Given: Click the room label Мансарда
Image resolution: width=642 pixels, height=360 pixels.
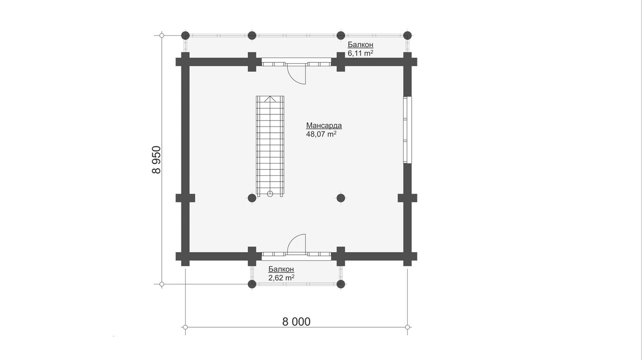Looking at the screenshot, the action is [x=324, y=126].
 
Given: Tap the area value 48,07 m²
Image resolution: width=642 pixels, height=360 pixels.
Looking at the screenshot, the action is [x=321, y=134].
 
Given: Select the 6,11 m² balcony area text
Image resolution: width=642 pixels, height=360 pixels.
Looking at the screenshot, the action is [x=360, y=53].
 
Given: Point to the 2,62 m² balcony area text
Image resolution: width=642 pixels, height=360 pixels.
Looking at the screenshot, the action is [x=282, y=277].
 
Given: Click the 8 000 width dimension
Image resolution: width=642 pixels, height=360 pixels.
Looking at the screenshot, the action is [x=296, y=322].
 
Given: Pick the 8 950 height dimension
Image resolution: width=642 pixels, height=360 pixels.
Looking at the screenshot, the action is [x=157, y=160].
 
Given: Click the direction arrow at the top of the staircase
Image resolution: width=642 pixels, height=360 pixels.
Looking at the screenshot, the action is [x=270, y=99].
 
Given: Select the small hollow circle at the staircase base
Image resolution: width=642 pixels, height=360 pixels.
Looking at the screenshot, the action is [x=270, y=194].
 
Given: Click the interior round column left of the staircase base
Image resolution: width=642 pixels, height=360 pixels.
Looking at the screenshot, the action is [x=252, y=198].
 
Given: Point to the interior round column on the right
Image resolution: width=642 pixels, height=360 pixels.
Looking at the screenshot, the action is [x=341, y=198].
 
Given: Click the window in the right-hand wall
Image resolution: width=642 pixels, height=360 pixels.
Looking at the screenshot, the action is [x=407, y=130].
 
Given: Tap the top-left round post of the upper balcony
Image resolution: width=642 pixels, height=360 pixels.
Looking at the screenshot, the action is [x=186, y=36].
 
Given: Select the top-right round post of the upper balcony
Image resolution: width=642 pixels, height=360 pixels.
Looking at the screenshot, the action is [x=407, y=36].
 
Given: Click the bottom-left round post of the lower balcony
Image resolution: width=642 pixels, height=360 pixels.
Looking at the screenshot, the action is [x=252, y=284].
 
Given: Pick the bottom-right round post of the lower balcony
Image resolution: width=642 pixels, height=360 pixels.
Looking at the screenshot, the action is [x=341, y=284].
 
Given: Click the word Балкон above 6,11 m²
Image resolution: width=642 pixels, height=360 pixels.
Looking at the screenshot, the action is [x=360, y=45].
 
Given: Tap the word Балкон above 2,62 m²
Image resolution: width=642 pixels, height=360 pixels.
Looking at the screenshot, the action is [x=281, y=269].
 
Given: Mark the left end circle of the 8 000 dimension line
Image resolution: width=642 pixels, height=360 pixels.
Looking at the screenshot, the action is [x=186, y=327].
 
